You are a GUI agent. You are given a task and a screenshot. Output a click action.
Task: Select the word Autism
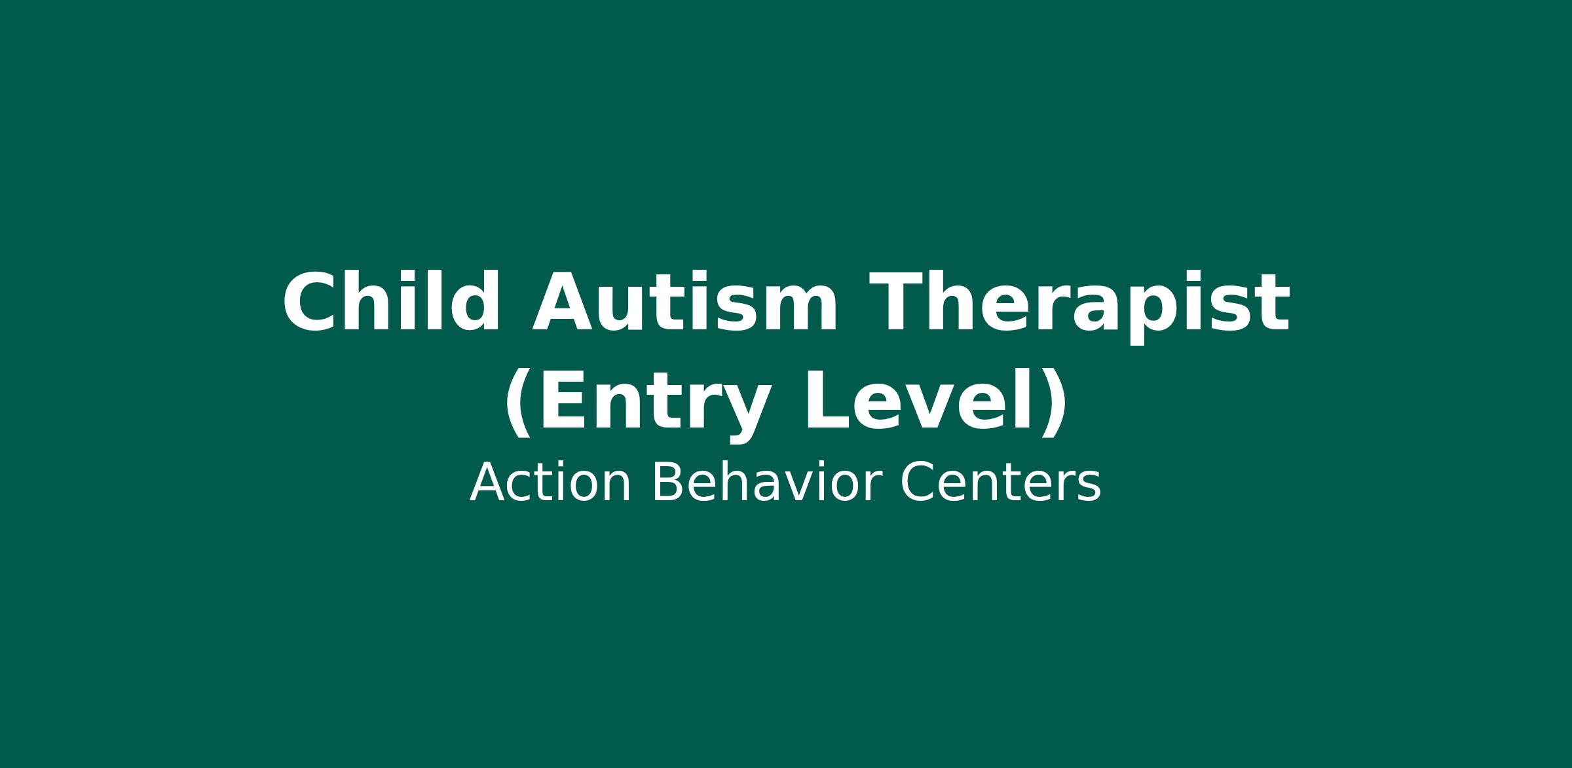click(x=685, y=302)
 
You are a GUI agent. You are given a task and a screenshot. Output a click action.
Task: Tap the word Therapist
click(x=1079, y=306)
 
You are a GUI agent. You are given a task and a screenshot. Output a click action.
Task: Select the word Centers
click(x=1001, y=483)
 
